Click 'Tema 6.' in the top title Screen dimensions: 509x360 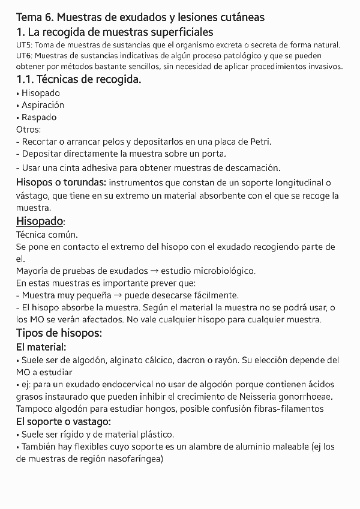(x=35, y=17)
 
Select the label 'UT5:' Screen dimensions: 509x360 (x=26, y=46)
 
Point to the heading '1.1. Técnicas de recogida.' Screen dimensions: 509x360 (x=79, y=79)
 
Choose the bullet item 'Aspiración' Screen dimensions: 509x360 (x=43, y=105)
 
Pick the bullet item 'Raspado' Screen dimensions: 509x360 (x=39, y=117)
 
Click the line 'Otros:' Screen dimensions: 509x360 (x=28, y=129)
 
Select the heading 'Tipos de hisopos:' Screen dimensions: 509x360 (x=59, y=333)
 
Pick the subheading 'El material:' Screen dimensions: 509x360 (x=41, y=347)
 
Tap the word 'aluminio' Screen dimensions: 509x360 (x=242, y=447)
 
